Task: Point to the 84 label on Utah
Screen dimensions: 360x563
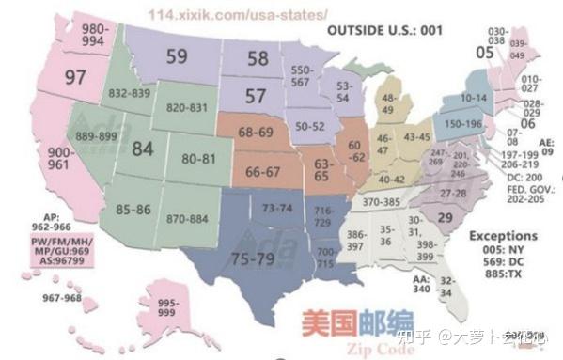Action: pyautogui.click(x=142, y=149)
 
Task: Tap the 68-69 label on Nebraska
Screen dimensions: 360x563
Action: pyautogui.click(x=256, y=133)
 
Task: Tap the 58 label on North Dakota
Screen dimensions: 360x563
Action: pyautogui.click(x=257, y=58)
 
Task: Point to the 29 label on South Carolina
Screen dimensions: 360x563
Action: pyautogui.click(x=446, y=217)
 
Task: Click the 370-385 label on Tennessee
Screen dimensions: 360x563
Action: pyautogui.click(x=382, y=201)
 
